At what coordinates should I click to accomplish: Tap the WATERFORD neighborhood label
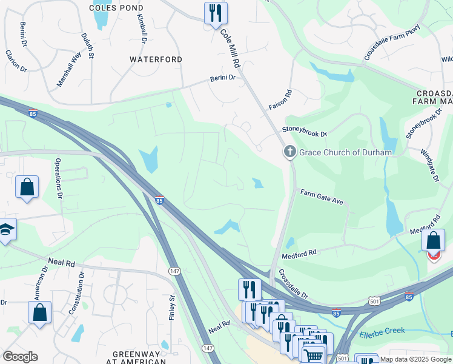[x=156, y=59]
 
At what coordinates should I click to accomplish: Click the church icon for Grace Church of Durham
[x=289, y=152]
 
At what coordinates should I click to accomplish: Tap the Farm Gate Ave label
[x=322, y=197]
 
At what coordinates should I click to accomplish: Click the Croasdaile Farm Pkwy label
[x=392, y=44]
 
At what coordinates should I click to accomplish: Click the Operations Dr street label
[x=59, y=178]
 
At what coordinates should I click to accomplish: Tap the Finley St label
[x=173, y=308]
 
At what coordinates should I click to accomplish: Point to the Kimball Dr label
[x=142, y=29]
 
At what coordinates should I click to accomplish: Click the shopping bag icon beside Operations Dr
[x=27, y=187]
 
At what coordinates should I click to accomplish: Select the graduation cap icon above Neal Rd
[x=6, y=229]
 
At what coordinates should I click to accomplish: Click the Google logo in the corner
[x=20, y=357]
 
